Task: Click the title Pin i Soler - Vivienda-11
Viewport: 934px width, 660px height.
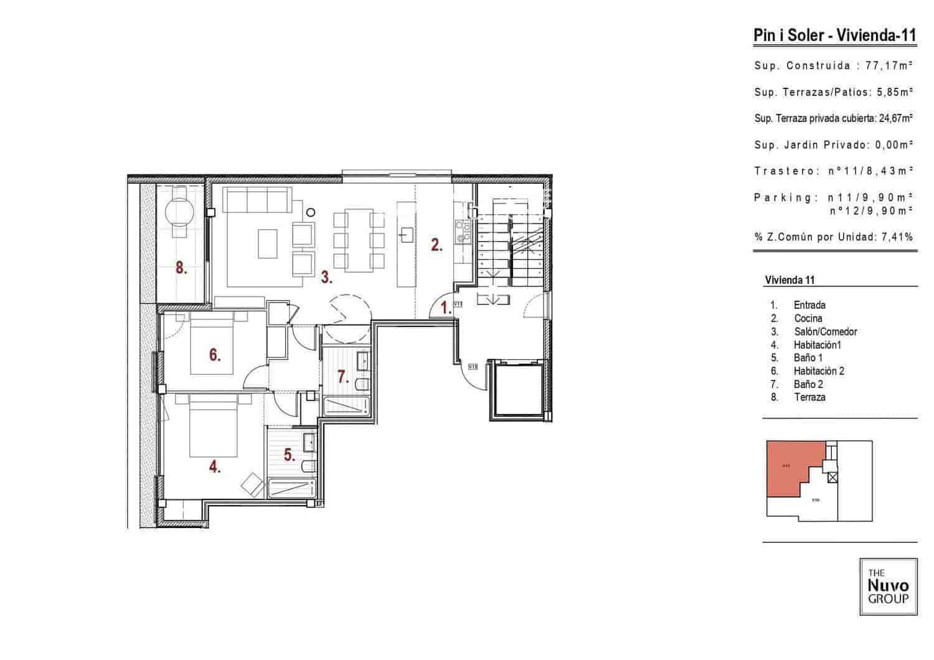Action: point(834,35)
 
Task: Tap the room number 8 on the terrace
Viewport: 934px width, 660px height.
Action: point(181,268)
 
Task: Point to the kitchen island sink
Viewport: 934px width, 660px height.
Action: point(406,235)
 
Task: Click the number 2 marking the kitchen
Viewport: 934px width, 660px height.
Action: point(436,245)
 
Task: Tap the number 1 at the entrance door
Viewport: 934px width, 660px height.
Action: point(446,307)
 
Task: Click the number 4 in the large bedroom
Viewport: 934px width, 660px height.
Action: point(215,466)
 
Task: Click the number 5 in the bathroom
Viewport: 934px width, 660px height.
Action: point(290,455)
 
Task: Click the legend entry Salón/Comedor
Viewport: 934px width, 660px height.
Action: point(825,332)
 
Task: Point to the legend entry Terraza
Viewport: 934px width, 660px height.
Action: point(809,397)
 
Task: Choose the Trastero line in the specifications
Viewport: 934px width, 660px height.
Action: point(833,171)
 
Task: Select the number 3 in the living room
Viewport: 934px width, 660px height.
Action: point(326,277)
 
